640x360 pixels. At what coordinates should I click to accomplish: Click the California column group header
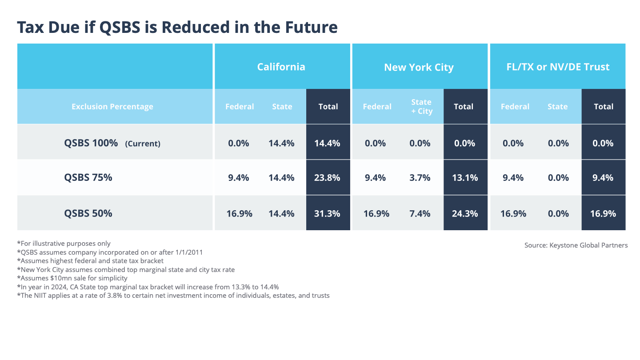click(x=281, y=67)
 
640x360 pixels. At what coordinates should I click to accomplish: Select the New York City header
click(x=419, y=67)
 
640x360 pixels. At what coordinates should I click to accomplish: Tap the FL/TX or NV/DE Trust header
click(x=558, y=67)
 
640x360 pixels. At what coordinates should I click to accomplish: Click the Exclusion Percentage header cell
click(x=112, y=107)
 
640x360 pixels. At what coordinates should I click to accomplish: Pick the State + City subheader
click(x=421, y=107)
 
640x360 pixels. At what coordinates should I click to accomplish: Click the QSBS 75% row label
click(x=88, y=177)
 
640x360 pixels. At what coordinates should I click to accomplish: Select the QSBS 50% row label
click(x=88, y=213)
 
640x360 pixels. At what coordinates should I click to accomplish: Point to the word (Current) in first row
click(x=143, y=144)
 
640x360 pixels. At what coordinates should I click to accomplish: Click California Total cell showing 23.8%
click(x=328, y=178)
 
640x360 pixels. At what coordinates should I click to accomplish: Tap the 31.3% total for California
click(x=328, y=213)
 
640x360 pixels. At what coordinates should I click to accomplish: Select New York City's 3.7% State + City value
click(x=420, y=178)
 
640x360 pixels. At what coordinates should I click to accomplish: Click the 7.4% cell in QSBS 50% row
click(x=420, y=213)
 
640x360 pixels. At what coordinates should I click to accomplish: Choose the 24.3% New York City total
click(x=465, y=213)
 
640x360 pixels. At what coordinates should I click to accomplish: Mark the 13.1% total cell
click(x=465, y=178)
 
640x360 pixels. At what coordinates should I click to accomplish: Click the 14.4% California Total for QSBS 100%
click(x=328, y=143)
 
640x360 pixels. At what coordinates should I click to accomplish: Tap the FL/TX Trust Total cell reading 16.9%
click(x=603, y=213)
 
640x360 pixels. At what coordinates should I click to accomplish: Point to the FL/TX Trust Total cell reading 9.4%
click(x=603, y=178)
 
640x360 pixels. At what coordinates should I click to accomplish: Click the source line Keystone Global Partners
click(x=576, y=245)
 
